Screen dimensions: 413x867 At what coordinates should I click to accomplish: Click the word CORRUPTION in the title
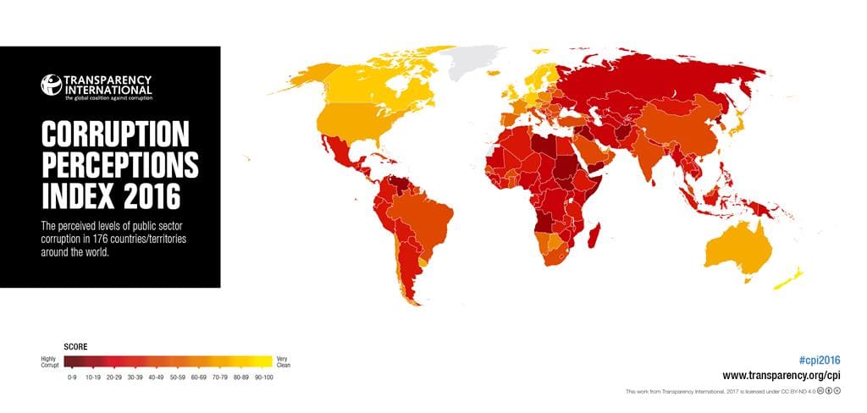point(113,135)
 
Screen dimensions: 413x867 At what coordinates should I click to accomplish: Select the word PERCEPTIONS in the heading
point(119,166)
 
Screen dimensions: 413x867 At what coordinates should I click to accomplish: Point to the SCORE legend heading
point(76,347)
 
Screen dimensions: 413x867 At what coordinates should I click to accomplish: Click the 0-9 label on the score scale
point(72,377)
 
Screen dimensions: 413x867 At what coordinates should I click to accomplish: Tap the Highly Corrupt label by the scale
point(50,362)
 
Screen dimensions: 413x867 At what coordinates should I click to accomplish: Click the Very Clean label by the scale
point(284,362)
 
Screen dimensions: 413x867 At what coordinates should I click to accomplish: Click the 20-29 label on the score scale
point(113,377)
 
